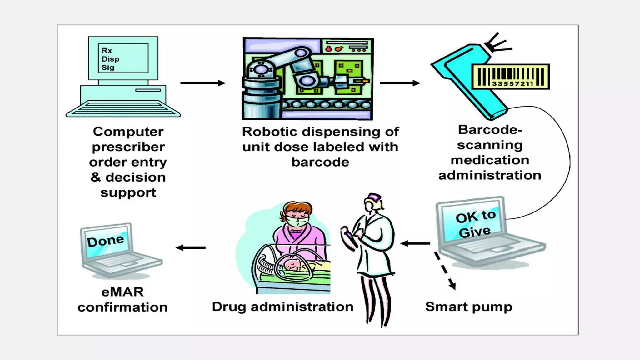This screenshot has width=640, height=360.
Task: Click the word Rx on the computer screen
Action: [x=107, y=51]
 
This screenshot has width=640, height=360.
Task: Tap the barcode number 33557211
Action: [x=512, y=84]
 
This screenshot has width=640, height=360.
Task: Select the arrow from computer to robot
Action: [x=202, y=83]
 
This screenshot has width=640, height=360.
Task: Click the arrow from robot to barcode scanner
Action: [x=400, y=83]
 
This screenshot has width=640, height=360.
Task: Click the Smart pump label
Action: [x=468, y=307]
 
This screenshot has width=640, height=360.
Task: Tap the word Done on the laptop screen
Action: [x=105, y=241]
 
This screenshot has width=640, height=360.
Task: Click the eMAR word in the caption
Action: [x=122, y=292]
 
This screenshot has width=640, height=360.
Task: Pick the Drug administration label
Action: [x=282, y=307]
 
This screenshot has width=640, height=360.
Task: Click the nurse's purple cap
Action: [x=374, y=198]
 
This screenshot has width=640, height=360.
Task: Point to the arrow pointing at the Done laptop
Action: [x=191, y=248]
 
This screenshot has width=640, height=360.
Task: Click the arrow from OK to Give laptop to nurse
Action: [x=415, y=243]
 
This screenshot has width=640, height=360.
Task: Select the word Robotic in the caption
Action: [x=269, y=132]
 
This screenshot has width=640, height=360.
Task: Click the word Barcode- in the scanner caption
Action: [x=490, y=130]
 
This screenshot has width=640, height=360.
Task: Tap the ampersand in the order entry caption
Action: [x=96, y=177]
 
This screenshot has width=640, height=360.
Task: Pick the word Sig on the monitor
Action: [x=108, y=67]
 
